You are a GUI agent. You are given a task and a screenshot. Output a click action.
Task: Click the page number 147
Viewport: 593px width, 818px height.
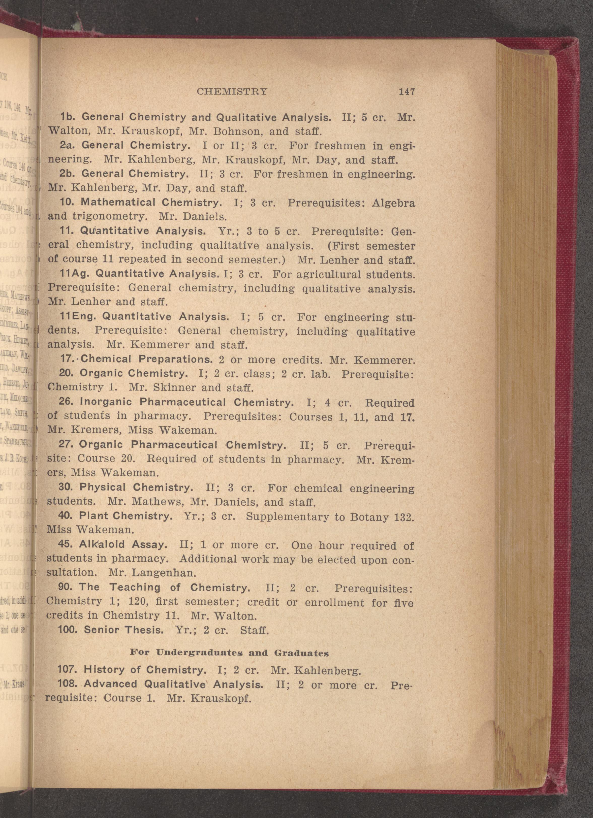407,92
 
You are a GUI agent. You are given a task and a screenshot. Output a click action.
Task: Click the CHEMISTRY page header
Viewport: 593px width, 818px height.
232,92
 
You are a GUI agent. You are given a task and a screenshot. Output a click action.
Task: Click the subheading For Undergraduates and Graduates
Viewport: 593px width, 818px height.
229,653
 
